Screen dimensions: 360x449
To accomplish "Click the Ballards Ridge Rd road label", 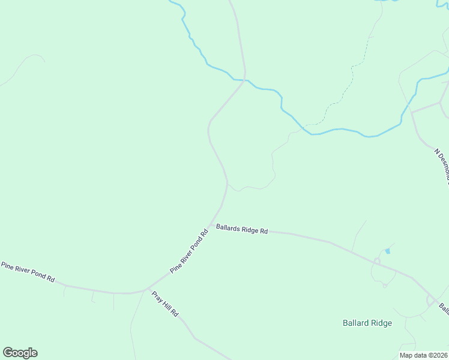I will tap(242, 230).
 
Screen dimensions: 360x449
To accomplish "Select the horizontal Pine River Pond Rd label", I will tap(28, 272).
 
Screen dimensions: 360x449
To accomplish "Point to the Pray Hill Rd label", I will tap(165, 305).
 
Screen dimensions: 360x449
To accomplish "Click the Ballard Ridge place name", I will tap(367, 323).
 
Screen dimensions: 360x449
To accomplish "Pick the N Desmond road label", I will tap(442, 164).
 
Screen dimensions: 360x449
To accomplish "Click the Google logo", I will tap(20, 353).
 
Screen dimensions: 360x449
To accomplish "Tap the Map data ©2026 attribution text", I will tap(424, 355).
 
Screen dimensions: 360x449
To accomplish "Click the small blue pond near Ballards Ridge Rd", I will tap(388, 250).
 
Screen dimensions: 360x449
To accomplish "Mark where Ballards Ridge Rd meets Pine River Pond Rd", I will tap(211, 224).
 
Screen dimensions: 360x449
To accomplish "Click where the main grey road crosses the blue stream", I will tap(245, 79).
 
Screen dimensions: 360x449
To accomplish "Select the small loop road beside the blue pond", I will tap(377, 260).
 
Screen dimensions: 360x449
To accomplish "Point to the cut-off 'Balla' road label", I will tap(444, 308).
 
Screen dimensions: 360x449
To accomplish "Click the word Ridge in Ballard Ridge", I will tap(381, 323).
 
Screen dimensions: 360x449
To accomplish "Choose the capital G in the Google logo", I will tap(8, 353).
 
